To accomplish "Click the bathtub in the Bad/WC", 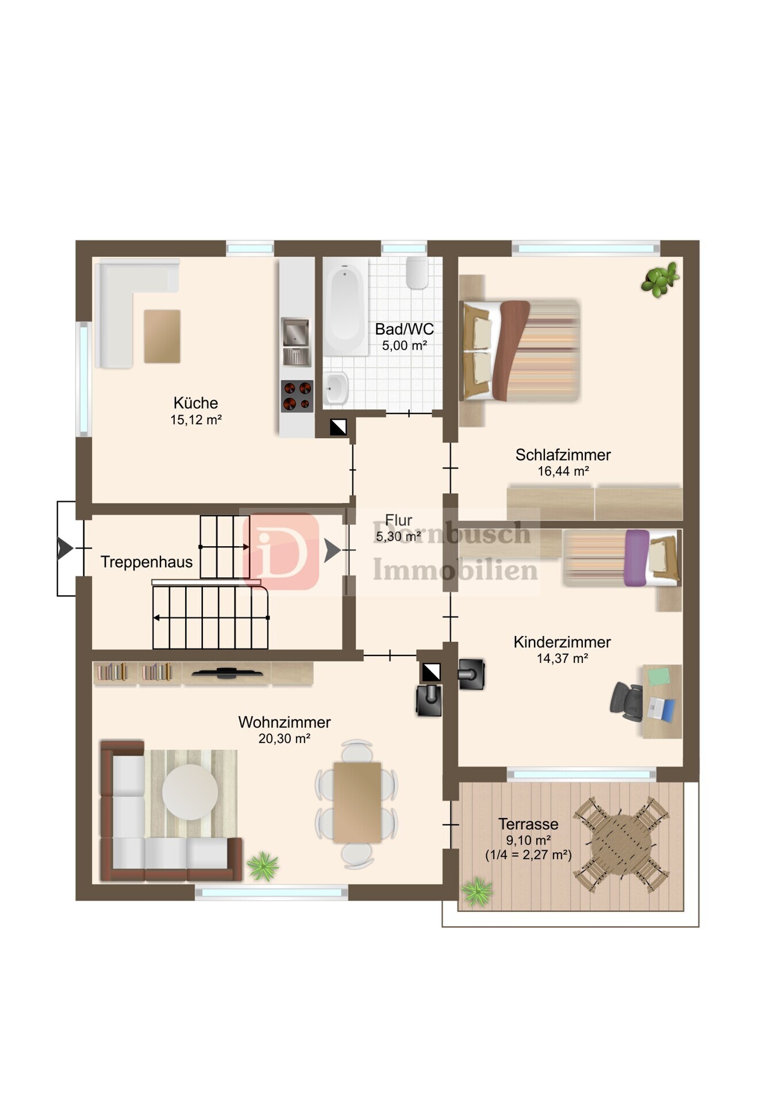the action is click(x=345, y=306).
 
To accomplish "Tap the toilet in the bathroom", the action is click(x=417, y=273).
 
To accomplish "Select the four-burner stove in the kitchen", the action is click(x=297, y=396).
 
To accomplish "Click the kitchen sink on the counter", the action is click(x=296, y=342).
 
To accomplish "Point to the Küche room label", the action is click(x=195, y=402).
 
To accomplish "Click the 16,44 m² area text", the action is click(x=563, y=471).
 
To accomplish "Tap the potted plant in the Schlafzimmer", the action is click(x=660, y=279).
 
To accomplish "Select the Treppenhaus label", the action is click(x=147, y=562).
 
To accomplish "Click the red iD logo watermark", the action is click(x=281, y=551).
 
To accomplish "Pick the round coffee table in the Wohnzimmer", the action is click(x=190, y=792).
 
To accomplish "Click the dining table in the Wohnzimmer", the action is click(x=357, y=803).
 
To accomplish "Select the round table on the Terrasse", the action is click(x=621, y=844).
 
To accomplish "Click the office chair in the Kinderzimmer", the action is click(x=627, y=701).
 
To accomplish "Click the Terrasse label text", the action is click(x=528, y=824).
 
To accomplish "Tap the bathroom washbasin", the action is click(x=336, y=388).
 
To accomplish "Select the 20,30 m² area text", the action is click(x=285, y=739).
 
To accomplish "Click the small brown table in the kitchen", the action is click(x=162, y=336).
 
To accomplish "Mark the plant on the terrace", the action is click(x=477, y=892).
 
